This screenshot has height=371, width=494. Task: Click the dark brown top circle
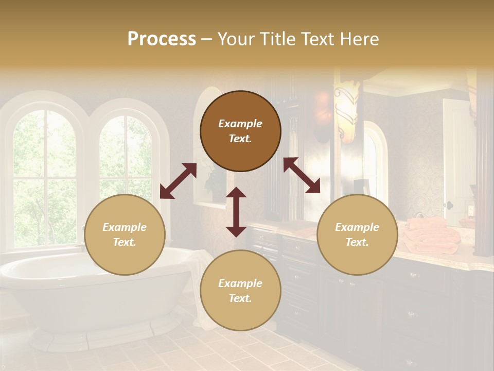[x=240, y=131]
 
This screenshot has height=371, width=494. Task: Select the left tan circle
[x=125, y=234]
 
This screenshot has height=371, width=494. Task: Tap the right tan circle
[x=357, y=234]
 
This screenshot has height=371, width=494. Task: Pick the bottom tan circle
[x=240, y=291]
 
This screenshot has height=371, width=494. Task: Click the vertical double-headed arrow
[x=236, y=212]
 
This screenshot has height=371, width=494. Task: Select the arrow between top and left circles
[x=178, y=181]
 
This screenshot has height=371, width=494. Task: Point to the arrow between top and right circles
[x=302, y=175]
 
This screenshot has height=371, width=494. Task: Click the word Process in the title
[x=162, y=39]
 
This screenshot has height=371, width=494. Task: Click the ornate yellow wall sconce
[x=346, y=111]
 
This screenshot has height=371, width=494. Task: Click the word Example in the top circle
[x=240, y=124]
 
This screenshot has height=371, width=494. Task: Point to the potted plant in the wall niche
[x=214, y=178]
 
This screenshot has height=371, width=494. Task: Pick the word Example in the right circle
[x=357, y=227]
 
